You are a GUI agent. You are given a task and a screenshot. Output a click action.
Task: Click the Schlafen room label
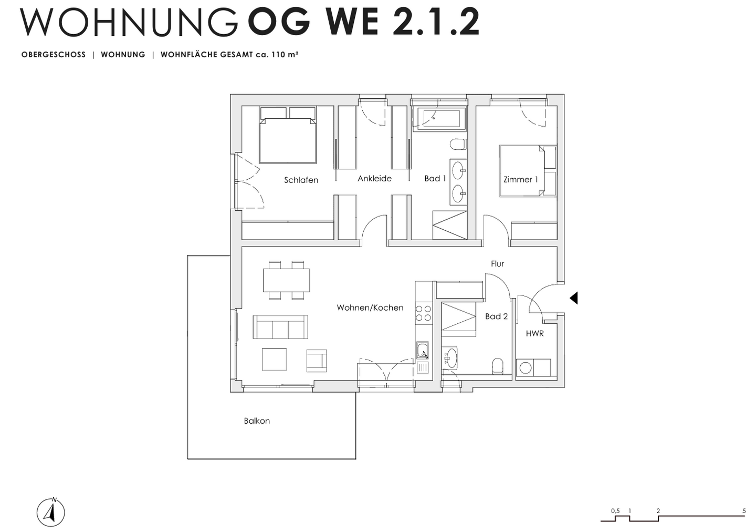[x=301, y=180]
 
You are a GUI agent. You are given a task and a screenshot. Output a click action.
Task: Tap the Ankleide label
[x=374, y=179]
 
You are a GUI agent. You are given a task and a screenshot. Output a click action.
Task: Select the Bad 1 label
[x=435, y=179]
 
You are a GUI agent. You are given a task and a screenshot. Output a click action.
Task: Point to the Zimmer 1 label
[x=520, y=180]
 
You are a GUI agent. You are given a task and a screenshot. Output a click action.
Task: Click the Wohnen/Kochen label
[x=370, y=308]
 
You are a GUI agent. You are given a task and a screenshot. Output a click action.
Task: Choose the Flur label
[x=497, y=264]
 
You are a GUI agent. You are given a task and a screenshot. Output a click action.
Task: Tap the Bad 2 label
[x=496, y=316]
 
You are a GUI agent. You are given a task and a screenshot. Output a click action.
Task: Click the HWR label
[x=534, y=333]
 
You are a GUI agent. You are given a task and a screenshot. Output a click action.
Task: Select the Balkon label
[x=257, y=421]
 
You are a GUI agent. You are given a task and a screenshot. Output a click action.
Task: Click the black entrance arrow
[x=574, y=298]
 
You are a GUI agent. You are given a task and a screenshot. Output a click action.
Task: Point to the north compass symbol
[x=51, y=512]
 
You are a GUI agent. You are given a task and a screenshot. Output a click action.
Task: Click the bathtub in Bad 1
[x=439, y=119]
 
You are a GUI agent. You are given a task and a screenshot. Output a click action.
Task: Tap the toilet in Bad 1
[x=458, y=144]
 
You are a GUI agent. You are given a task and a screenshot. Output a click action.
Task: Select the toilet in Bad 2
[x=497, y=366]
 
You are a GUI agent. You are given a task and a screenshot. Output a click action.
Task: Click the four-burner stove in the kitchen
[x=424, y=313]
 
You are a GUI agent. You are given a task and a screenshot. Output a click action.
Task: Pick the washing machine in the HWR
[x=525, y=367]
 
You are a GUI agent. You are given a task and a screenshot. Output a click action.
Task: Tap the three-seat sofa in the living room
[x=280, y=327]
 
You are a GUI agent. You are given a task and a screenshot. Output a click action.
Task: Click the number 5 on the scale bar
[x=744, y=510]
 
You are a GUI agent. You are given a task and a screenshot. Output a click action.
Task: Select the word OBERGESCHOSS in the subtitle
[x=54, y=55]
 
